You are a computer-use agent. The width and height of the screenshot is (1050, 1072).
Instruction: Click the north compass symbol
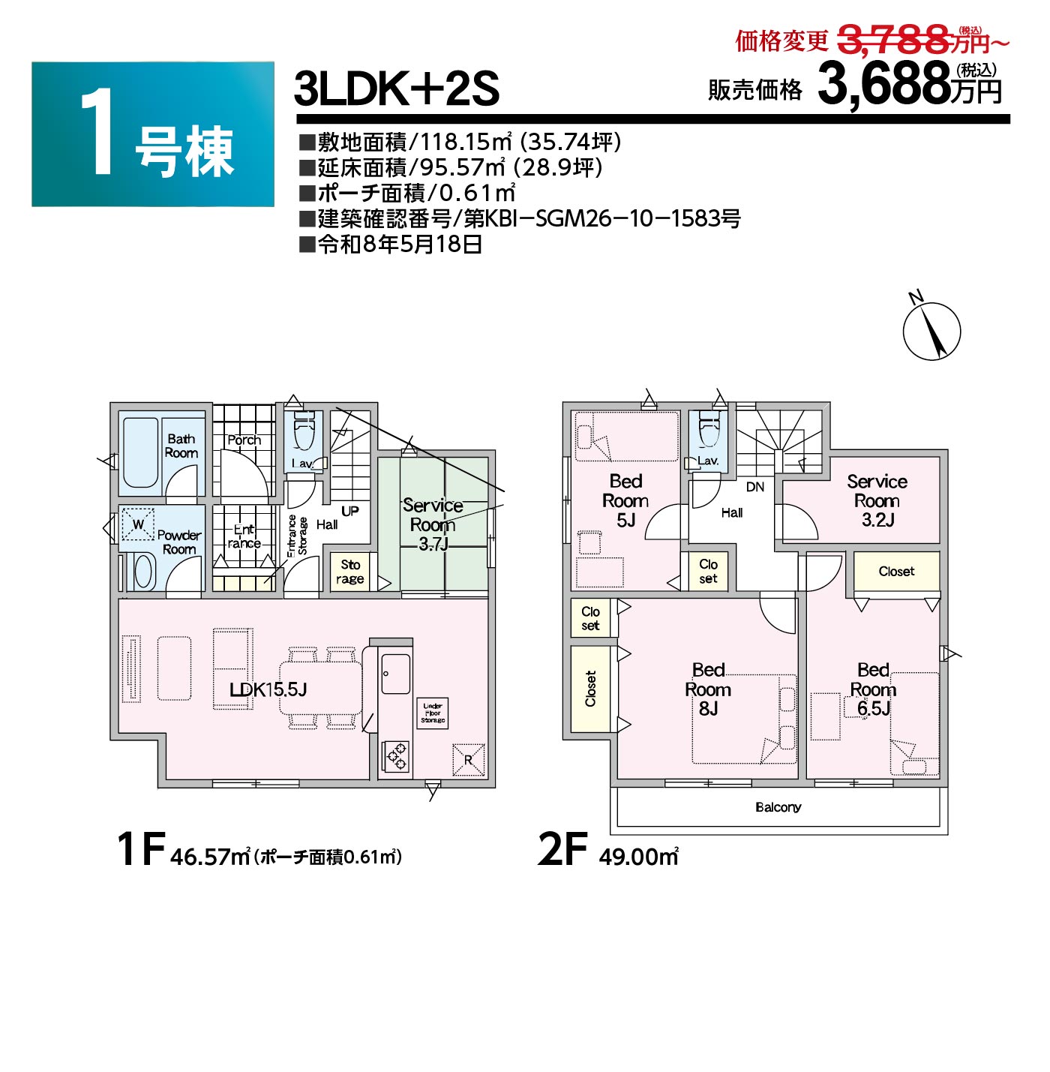click(x=931, y=330)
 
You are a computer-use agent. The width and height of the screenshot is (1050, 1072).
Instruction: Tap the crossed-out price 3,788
click(x=892, y=39)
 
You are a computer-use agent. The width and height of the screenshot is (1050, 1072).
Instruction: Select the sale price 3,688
click(x=884, y=85)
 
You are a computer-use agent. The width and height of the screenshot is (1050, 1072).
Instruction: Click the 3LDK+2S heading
click(x=396, y=89)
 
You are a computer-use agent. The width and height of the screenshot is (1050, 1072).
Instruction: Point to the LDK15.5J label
click(x=268, y=690)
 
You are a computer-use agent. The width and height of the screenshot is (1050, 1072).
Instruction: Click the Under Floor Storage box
click(x=432, y=713)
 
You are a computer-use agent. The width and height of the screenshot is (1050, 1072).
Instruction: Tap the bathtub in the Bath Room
click(x=140, y=453)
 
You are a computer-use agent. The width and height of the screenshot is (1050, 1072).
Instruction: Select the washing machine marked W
click(x=137, y=524)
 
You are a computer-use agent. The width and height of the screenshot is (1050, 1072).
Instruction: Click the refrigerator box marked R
click(x=469, y=760)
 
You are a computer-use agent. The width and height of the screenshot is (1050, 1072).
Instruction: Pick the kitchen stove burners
click(x=396, y=756)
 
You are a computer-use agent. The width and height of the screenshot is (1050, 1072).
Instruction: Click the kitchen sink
click(x=396, y=674)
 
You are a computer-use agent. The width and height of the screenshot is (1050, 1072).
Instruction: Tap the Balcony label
click(x=778, y=807)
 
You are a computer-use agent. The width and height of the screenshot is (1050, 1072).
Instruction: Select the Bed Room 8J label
click(x=708, y=689)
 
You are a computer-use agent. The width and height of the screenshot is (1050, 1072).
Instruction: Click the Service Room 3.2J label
click(x=877, y=500)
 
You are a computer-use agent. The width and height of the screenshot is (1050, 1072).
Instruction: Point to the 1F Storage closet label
click(x=350, y=572)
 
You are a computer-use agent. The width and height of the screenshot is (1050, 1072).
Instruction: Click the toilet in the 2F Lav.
click(x=708, y=429)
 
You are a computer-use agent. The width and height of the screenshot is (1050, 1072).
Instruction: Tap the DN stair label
click(x=754, y=487)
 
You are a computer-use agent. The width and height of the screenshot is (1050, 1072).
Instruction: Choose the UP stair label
click(x=350, y=511)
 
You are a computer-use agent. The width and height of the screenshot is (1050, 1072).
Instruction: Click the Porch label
click(x=244, y=440)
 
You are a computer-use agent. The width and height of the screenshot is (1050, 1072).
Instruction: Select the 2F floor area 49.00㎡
click(x=639, y=857)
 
